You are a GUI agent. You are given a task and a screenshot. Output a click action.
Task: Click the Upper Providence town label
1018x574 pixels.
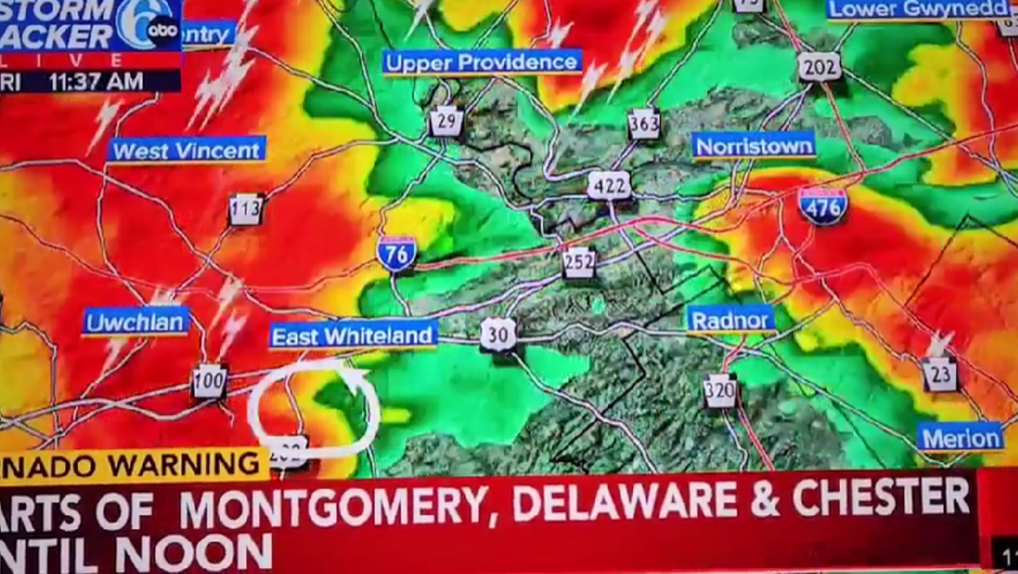click(482, 62)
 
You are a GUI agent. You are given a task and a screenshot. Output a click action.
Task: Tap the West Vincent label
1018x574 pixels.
click(186, 150)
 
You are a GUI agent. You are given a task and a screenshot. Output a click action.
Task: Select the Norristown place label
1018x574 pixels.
click(754, 146)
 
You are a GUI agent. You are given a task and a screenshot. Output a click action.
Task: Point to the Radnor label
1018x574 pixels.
click(730, 320)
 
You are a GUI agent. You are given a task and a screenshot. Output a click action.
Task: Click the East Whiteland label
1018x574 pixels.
click(353, 336)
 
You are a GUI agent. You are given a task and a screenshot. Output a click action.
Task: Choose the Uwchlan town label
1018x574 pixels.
click(136, 321)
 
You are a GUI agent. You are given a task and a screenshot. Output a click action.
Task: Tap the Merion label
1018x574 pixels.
click(960, 438)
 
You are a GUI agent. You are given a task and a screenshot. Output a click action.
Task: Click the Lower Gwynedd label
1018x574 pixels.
click(918, 9)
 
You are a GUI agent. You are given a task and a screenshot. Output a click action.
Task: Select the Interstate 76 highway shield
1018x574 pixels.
click(397, 253)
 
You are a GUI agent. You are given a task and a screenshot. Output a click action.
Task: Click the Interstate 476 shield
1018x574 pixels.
click(822, 206)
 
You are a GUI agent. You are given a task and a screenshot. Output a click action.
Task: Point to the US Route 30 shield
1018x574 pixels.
click(498, 335)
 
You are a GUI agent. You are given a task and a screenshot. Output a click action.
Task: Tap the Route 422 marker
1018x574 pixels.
click(609, 185)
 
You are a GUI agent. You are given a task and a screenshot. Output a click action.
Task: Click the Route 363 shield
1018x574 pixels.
click(644, 124)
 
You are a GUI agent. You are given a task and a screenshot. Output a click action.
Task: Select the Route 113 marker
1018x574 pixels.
click(246, 210)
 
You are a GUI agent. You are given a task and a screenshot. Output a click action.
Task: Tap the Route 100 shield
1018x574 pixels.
click(209, 381)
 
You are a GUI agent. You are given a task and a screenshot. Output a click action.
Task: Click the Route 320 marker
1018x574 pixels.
click(720, 391)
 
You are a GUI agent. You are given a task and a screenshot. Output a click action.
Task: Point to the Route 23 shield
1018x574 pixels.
click(939, 375)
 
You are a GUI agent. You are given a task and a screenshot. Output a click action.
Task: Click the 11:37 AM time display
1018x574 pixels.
click(96, 82)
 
